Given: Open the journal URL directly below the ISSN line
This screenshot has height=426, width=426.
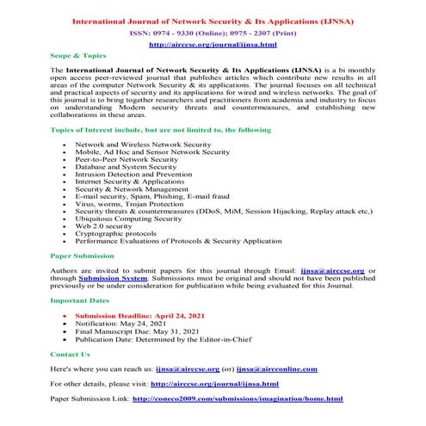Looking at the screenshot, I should pyautogui.click(x=213, y=41).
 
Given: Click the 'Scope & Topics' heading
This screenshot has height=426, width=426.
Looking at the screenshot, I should pyautogui.click(x=77, y=53).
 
